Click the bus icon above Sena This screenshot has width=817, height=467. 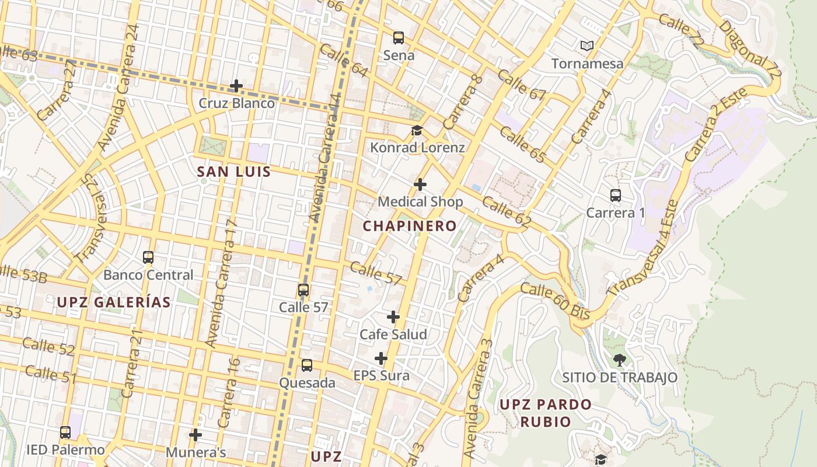399,38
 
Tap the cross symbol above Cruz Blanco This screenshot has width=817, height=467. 236,86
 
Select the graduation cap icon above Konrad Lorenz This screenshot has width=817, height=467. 417,130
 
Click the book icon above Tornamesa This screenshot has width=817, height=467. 587,46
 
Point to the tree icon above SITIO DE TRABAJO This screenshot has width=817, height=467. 619,360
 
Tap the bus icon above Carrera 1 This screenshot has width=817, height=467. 615,195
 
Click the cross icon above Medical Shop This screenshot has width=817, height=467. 420,184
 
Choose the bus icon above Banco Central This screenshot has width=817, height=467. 148,257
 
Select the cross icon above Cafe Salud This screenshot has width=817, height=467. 393,317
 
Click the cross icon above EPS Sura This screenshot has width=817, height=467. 381,358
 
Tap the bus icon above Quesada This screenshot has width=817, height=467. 306,365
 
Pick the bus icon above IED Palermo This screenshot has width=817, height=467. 65,433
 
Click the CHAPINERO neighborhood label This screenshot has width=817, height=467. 410,226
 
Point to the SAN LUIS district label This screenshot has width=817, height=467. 234,172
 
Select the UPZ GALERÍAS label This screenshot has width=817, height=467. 114,302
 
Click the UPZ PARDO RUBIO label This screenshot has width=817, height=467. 545,413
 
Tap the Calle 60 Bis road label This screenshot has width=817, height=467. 554,301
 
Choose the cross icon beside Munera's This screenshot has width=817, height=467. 195,435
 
